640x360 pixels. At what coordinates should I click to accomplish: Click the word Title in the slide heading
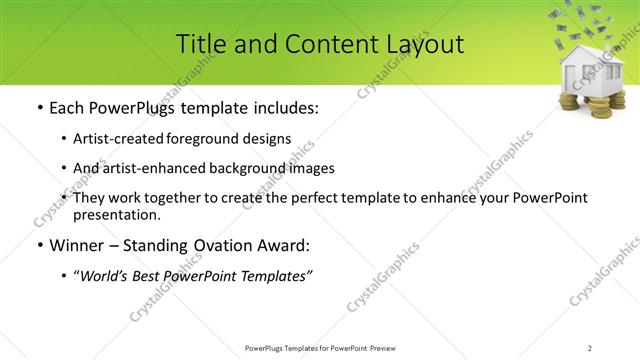[198, 44]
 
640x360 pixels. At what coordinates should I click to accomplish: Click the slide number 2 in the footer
[589, 347]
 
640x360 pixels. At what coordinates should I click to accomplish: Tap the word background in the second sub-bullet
[261, 168]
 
